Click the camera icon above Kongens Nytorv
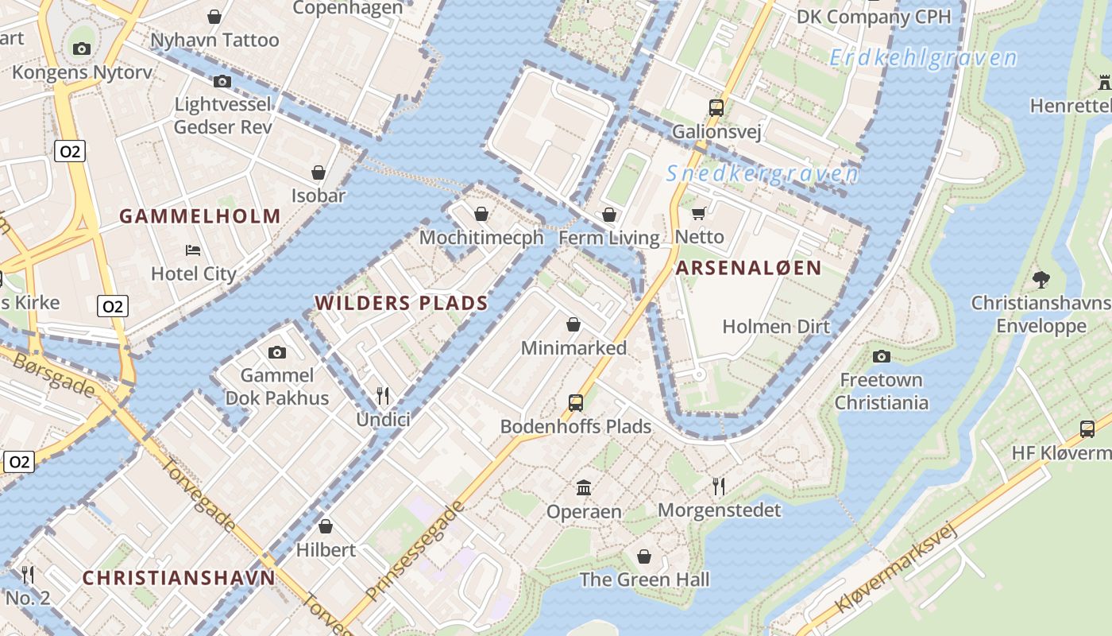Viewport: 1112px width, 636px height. pos(81,48)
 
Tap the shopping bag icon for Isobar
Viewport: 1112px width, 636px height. pos(319,173)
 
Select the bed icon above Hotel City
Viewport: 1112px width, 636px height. pos(193,250)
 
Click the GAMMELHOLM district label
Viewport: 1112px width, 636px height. pos(200,216)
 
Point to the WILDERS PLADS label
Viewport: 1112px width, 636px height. pos(401,303)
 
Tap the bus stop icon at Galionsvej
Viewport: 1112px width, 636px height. pos(716,107)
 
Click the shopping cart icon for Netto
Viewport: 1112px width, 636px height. pos(699,213)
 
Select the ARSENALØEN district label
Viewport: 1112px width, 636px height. pos(748,268)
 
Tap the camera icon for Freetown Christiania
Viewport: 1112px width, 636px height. pos(881,356)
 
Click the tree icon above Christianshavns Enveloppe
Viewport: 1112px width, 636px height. pos(1041,279)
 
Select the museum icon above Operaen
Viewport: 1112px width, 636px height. pos(584,487)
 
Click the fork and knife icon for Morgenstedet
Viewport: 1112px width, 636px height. pos(719,486)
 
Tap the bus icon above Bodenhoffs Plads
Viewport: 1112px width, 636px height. pos(576,403)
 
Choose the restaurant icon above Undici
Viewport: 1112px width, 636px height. pos(383,395)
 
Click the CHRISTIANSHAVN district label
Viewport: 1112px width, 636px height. pos(179,578)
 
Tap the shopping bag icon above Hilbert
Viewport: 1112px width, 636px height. pos(326,526)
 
